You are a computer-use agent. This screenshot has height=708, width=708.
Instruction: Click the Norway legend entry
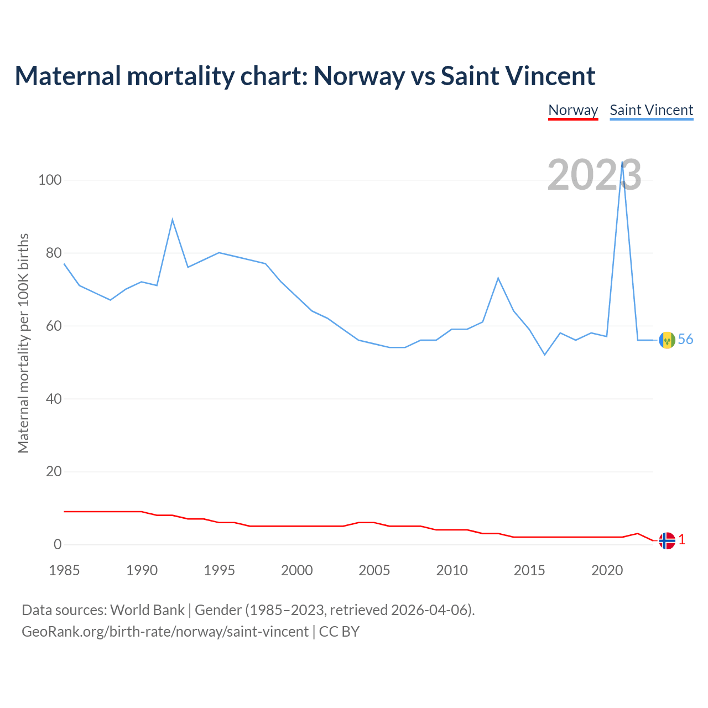click(573, 111)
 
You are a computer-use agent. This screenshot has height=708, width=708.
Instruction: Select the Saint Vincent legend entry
click(651, 111)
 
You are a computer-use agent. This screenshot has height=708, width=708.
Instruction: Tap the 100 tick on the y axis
click(50, 180)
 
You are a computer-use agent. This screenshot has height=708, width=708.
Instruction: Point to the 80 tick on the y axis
click(53, 253)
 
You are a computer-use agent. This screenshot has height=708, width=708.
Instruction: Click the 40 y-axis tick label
click(53, 399)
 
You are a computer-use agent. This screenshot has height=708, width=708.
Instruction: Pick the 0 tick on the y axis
click(58, 545)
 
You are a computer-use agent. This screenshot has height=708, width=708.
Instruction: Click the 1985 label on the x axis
click(64, 570)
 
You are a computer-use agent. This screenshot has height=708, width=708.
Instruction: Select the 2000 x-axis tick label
click(297, 570)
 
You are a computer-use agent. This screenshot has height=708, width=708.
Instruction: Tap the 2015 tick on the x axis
click(529, 570)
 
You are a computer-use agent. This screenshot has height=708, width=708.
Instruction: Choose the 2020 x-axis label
click(607, 570)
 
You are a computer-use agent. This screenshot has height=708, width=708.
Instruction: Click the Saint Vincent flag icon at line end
click(667, 340)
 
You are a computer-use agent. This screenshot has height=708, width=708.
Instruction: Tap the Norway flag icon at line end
click(667, 540)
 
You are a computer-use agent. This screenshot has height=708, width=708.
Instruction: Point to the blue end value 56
click(685, 340)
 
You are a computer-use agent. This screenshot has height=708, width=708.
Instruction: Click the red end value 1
click(682, 540)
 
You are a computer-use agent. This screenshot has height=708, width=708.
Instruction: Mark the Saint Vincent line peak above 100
click(623, 163)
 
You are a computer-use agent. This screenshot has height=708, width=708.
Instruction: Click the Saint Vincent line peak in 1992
click(173, 220)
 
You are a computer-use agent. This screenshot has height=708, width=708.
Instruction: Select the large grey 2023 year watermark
click(594, 175)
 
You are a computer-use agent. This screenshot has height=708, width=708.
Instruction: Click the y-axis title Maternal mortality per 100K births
click(23, 343)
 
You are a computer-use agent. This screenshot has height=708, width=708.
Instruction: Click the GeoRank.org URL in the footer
click(165, 632)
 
